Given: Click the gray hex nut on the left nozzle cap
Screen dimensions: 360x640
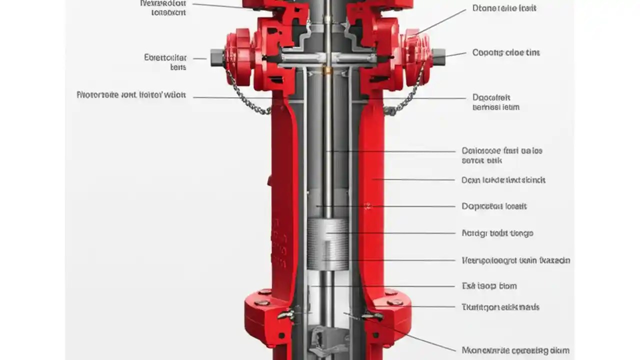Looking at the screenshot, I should point(217,57).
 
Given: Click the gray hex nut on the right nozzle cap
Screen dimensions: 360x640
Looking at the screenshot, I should point(438,57).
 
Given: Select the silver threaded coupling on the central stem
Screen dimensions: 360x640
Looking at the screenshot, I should point(327,244).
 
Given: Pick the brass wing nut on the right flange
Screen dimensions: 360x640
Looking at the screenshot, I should point(372,316).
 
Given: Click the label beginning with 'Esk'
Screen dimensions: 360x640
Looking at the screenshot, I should point(489,286).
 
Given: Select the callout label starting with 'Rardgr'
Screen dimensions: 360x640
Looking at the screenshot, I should point(497,233).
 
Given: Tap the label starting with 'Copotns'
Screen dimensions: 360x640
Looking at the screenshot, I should point(505,52).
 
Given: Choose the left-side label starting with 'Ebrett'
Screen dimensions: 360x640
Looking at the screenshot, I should point(165,62).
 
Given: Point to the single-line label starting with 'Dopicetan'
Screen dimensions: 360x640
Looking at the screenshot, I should point(494,206).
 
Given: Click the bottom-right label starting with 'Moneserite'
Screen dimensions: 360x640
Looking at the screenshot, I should point(515,350).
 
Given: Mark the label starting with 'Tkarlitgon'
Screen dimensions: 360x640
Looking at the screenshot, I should point(500,307).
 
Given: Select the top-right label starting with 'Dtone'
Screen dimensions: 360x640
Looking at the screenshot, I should point(504,8).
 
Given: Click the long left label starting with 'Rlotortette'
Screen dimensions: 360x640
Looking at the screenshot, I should point(131,94).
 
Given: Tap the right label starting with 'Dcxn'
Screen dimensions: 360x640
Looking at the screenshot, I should point(503,180).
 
